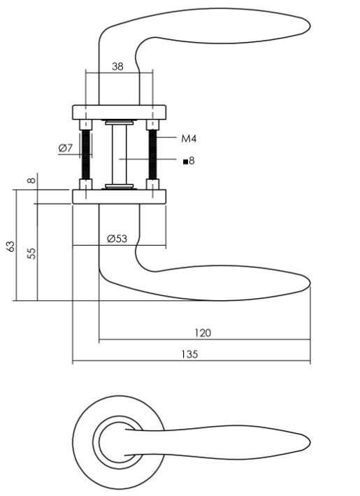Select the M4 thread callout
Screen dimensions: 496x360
(189, 139)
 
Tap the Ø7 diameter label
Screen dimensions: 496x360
(65, 148)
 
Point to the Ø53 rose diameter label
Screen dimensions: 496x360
(117, 238)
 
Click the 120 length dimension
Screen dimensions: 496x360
(203, 332)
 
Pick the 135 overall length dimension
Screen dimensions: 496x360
(189, 354)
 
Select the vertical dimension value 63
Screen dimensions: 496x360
(10, 246)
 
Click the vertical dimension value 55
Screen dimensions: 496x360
(31, 253)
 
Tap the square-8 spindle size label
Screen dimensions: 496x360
(189, 161)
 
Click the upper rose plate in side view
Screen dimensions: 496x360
(120, 112)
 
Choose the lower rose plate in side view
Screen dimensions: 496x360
(120, 196)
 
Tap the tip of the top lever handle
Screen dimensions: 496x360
(308, 26)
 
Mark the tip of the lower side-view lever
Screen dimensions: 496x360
(308, 286)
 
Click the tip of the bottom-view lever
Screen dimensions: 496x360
(308, 443)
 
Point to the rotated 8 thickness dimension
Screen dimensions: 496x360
(31, 180)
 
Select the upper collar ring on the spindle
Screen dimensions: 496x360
(118, 123)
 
